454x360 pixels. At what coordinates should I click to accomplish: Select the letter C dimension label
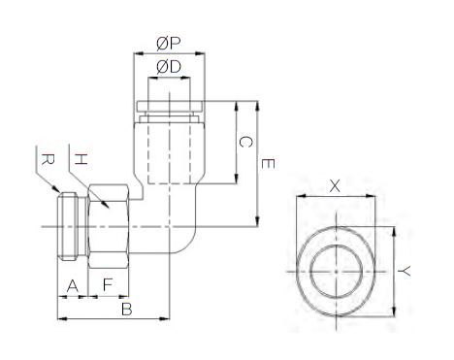245,143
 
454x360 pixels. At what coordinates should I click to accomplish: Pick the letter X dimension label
336,184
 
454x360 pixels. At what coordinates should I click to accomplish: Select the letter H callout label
81,158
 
